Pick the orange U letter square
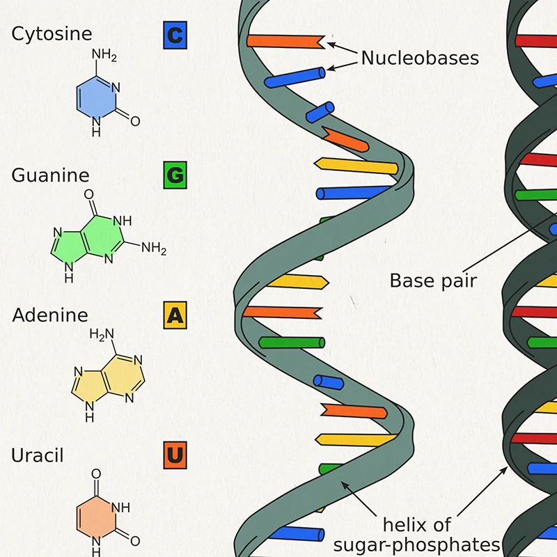tap(175, 455)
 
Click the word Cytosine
tap(52, 33)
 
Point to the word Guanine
tap(50, 174)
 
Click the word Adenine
tap(50, 315)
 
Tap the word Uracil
tap(38, 455)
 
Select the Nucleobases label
tap(420, 58)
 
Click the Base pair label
tap(433, 281)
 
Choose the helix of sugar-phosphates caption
tap(417, 534)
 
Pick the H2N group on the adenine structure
tap(102, 335)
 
